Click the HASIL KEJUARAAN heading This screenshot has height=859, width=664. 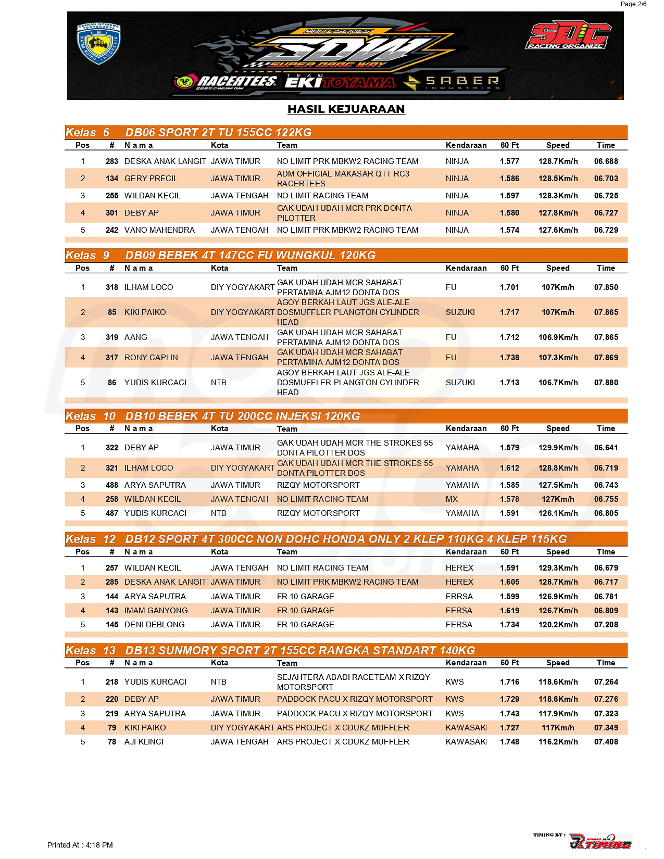coord(346,109)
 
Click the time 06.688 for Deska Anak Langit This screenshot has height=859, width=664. coord(606,161)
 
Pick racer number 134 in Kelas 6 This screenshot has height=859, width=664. coord(111,179)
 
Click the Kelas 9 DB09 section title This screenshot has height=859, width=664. coord(250,256)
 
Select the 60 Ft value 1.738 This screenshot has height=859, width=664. coord(509,358)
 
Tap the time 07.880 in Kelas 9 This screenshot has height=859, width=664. coord(606,383)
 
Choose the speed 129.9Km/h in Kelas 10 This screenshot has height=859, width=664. coord(558,448)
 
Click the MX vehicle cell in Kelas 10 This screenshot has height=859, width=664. coord(452,499)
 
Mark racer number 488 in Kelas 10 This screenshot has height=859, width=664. coord(111,485)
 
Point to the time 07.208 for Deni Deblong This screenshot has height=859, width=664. coord(606,625)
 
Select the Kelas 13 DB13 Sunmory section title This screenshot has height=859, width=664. coord(300,651)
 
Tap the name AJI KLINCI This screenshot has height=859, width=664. coord(144,742)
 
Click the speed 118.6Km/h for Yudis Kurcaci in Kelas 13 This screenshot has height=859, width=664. coord(558,682)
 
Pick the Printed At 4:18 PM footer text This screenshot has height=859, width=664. coord(80,845)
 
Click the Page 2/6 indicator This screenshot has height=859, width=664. coord(633,4)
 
